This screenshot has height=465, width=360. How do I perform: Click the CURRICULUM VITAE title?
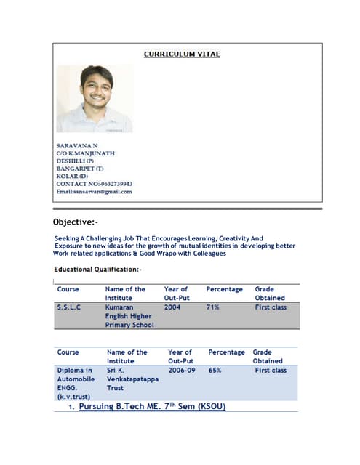click(x=182, y=54)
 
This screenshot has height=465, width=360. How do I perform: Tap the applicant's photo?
click(x=95, y=98)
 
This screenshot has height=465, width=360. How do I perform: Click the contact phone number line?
click(x=94, y=184)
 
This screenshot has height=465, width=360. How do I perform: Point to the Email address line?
click(x=94, y=192)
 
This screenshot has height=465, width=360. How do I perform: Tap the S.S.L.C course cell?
click(x=69, y=307)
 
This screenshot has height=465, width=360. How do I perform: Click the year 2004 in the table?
click(x=172, y=307)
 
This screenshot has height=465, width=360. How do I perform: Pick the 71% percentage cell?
click(x=212, y=307)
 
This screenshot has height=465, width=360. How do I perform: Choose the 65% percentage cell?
click(x=215, y=370)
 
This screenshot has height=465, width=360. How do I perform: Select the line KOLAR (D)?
click(x=72, y=177)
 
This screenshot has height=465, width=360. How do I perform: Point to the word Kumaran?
click(x=120, y=307)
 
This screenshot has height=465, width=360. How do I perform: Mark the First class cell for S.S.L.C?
click(x=271, y=307)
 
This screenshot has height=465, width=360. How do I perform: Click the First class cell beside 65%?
click(x=271, y=370)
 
